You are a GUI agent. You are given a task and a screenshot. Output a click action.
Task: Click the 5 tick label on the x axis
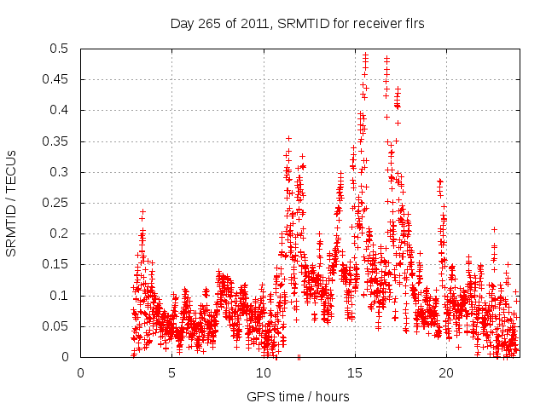pos(172,372)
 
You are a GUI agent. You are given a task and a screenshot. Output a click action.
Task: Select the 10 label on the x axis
pos(264,372)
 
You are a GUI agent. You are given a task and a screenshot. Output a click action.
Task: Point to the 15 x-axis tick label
pos(355,372)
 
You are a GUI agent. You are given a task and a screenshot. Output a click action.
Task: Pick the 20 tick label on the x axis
pos(446,372)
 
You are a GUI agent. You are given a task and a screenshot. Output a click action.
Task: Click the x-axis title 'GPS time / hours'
pos(297,396)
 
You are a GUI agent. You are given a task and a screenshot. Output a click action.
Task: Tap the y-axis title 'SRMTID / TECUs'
pos(12,203)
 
